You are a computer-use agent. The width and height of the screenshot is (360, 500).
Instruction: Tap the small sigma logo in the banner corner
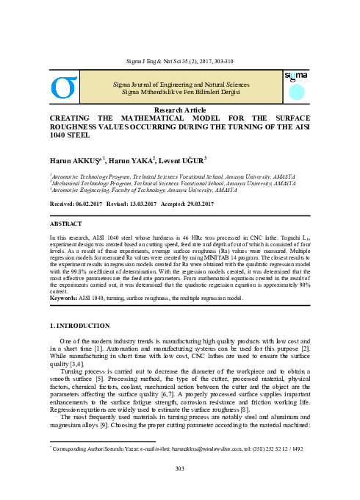coord(295,77)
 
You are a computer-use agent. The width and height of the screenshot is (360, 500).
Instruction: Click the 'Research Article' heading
coord(179,110)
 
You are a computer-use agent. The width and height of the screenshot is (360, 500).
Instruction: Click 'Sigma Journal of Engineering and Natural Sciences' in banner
coord(180,85)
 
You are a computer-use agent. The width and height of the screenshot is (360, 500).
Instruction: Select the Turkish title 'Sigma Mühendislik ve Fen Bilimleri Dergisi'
coord(180,93)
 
